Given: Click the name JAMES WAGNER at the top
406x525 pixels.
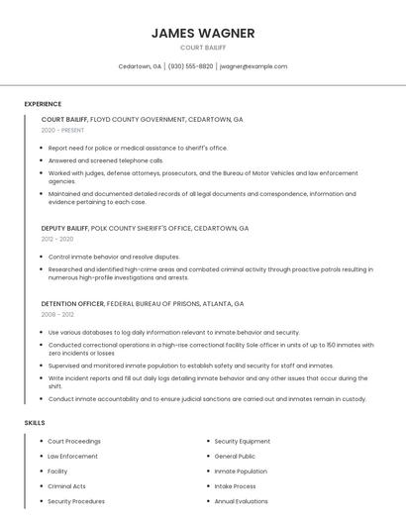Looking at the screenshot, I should (203, 33).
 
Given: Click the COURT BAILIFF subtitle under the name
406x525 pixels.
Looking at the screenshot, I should (203, 48).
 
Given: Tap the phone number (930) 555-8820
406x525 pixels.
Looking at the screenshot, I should (190, 66).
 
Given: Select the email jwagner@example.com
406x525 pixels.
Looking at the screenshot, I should (254, 66).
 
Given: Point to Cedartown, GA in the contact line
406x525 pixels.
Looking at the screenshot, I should (140, 66).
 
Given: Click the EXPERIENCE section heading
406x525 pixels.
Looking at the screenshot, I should (43, 104).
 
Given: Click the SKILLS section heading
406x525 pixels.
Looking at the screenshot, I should (35, 423).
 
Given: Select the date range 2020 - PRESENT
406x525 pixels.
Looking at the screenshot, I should (62, 130).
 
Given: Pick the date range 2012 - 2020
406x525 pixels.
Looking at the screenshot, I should (57, 239).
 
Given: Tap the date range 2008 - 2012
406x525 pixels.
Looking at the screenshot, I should (57, 314).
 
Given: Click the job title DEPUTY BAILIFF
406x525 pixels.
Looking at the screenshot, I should (64, 228).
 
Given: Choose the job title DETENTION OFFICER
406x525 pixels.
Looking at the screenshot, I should (72, 303).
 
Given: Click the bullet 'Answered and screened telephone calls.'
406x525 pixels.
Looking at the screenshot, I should (106, 159).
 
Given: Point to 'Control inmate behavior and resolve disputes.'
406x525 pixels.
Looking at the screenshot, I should (114, 257).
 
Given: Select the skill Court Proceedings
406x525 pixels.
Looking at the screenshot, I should (74, 441).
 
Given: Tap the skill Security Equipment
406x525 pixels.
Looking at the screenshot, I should (243, 441).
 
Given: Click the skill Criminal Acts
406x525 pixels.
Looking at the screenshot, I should (67, 486).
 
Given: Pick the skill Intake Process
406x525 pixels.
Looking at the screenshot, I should (236, 486).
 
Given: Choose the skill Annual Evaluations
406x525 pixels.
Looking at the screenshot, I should (242, 501).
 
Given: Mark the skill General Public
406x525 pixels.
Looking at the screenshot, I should (236, 456).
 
